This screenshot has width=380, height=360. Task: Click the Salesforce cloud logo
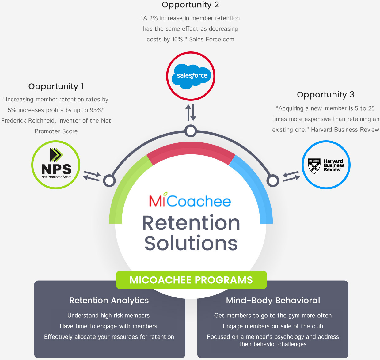191,76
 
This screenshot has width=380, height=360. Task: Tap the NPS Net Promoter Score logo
56,165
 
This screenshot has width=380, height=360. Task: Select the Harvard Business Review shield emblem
314,166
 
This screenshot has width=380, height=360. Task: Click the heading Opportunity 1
56,86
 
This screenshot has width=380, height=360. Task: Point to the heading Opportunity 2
190,5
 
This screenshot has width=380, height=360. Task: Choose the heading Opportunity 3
325,95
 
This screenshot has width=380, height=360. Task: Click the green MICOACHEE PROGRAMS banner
191,280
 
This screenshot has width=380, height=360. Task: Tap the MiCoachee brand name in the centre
190,201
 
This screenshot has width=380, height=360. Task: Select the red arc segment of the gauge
191,150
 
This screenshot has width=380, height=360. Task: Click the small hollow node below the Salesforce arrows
191,131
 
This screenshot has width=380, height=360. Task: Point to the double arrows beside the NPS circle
92,176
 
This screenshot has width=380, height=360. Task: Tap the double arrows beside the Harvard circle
291,176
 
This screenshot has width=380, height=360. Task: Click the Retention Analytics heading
109,301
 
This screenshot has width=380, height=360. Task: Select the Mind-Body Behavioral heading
273,301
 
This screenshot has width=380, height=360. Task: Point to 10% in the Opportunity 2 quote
178,40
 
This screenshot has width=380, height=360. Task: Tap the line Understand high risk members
108,316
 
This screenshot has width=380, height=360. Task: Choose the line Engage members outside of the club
273,326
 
